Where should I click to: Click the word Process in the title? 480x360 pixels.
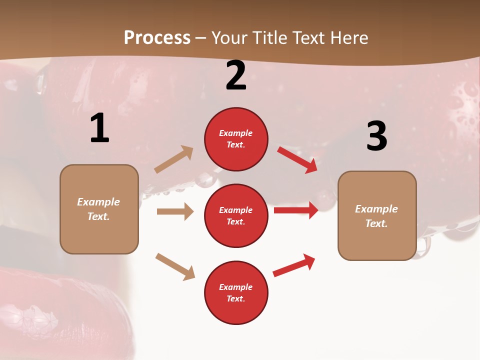pos(157,37)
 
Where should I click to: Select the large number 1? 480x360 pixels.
pos(99,128)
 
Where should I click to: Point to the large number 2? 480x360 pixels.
pos(236,76)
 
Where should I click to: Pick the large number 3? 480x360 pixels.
pos(376,136)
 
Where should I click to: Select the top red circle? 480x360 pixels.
pos(236,139)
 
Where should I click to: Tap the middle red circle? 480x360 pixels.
pos(236,215)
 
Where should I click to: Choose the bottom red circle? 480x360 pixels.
pos(236,293)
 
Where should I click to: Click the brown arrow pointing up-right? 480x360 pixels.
pos(174,159)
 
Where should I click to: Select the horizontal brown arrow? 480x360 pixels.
pos(175,211)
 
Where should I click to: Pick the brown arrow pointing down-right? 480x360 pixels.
pos(175,266)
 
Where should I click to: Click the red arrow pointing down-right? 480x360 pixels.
pos(297,159)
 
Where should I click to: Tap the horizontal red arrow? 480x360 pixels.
pos(296,210)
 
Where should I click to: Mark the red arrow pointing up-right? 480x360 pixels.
pos(294,265)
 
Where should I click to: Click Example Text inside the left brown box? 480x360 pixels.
pos(99,209)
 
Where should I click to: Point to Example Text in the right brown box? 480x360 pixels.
pos(377,215)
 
